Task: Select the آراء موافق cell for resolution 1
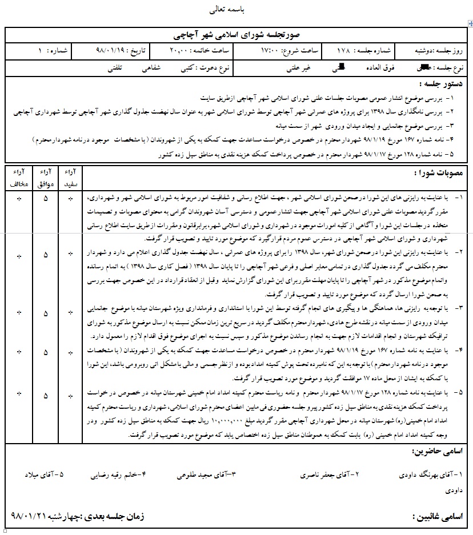tap(46, 198)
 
